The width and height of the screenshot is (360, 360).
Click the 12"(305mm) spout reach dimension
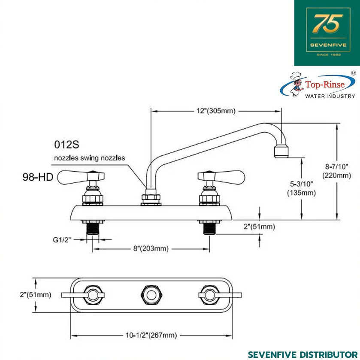[216, 111]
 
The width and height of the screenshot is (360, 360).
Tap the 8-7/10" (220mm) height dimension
[336, 171]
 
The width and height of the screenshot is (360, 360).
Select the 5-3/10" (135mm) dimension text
[302, 188]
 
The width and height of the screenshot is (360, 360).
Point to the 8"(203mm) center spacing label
[151, 248]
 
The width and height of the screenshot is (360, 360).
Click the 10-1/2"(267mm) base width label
[151, 335]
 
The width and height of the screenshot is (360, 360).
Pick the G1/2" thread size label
[62, 240]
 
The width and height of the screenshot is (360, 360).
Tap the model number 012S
[67, 145]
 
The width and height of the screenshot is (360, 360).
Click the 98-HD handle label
[38, 177]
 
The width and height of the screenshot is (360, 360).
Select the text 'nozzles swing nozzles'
[90, 158]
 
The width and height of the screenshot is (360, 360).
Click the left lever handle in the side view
[80, 177]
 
